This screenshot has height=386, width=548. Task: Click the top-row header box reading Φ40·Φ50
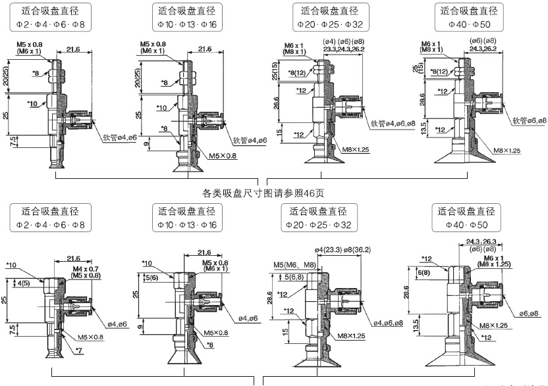(468, 18)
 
